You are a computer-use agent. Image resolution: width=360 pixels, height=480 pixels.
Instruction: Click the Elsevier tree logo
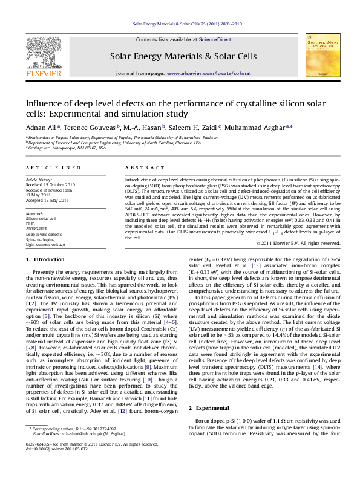pos(45,53)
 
